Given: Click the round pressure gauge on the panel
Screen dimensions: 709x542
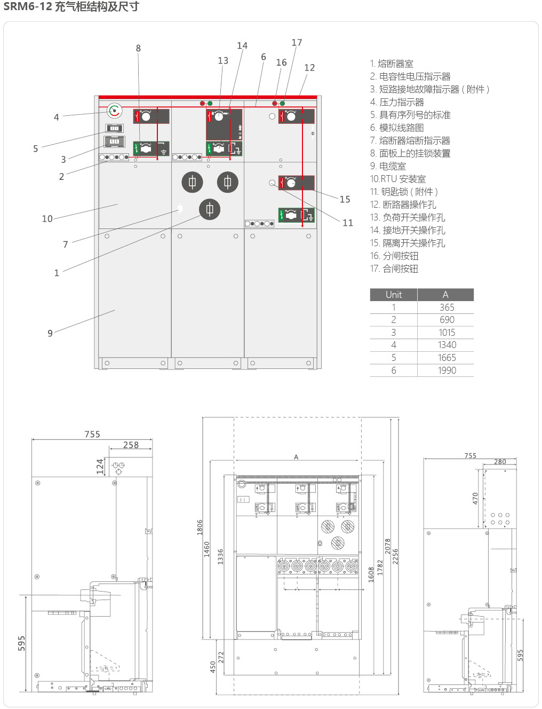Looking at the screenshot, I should (x=114, y=111).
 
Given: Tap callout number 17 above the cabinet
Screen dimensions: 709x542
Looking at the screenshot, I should (x=297, y=43).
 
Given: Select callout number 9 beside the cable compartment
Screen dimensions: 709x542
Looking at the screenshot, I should (x=50, y=333).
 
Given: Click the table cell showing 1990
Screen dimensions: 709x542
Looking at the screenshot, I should (x=447, y=371).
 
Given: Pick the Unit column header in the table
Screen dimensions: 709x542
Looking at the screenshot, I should (x=394, y=295).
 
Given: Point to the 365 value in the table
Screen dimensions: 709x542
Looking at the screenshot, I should (x=447, y=308).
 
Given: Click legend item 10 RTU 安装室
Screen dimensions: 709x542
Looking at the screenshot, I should (x=398, y=179).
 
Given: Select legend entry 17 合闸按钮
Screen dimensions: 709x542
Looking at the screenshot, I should (x=394, y=269).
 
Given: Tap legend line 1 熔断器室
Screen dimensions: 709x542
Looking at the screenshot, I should (x=392, y=64).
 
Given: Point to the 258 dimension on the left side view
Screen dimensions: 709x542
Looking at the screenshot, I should (x=131, y=445).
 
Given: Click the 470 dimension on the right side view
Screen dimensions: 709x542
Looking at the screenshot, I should (x=475, y=499).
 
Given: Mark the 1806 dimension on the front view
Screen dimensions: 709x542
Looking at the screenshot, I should (x=200, y=527).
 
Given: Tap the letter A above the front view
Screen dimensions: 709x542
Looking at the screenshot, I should (x=296, y=457).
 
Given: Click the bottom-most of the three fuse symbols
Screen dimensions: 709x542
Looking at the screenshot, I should (x=210, y=209).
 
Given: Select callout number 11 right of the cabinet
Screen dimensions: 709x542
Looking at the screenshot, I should (x=348, y=223).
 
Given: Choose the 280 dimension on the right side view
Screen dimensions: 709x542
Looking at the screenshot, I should (x=500, y=462).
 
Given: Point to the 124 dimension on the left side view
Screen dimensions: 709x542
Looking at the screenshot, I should (x=100, y=466).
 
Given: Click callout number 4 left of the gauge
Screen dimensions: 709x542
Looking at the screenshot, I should (x=57, y=117).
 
